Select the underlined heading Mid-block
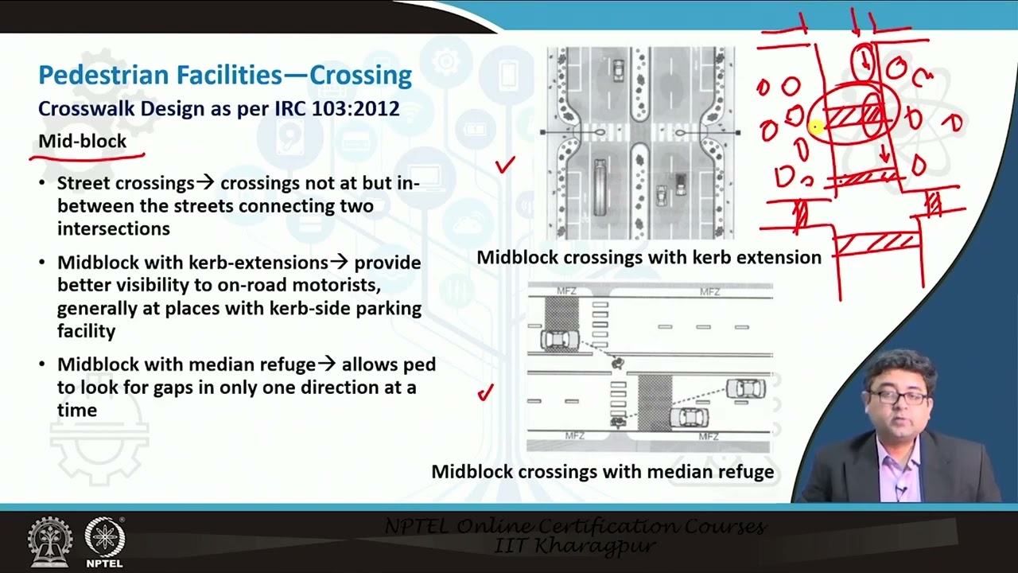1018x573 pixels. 82,142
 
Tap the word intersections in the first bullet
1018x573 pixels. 113,229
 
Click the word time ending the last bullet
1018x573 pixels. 76,411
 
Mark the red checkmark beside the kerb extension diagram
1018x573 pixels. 505,165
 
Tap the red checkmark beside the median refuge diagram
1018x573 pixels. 485,392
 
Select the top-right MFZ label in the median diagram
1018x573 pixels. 709,292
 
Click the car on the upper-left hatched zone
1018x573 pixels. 559,340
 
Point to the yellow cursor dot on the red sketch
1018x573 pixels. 815,126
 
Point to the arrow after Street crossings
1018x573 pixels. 206,183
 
